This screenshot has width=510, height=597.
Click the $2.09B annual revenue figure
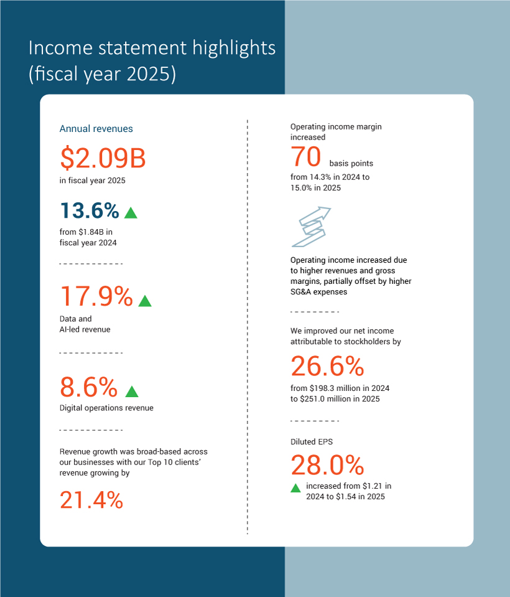[x=103, y=157]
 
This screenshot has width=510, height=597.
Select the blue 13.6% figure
[x=90, y=210]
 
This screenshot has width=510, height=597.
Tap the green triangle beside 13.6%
[x=131, y=213]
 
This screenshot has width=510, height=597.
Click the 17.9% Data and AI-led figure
[x=96, y=296]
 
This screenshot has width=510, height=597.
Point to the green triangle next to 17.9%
[x=145, y=301]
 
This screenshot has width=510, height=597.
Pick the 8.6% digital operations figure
[x=88, y=387]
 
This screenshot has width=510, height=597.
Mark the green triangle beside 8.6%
[x=132, y=392]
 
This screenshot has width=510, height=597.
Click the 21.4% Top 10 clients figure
[x=91, y=500]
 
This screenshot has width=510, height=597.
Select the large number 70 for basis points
[x=306, y=156]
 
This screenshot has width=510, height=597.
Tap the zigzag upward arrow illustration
[x=311, y=227]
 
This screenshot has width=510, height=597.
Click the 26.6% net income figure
[x=327, y=366]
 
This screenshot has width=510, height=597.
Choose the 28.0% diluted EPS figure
[x=327, y=465]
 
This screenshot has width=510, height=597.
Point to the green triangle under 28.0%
[x=295, y=488]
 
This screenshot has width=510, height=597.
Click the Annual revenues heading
[x=96, y=129]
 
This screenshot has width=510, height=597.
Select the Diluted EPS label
[x=312, y=441]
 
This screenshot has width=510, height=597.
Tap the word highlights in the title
[x=234, y=49]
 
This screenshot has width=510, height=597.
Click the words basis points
[x=351, y=163]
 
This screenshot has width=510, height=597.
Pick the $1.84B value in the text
[x=91, y=232]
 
